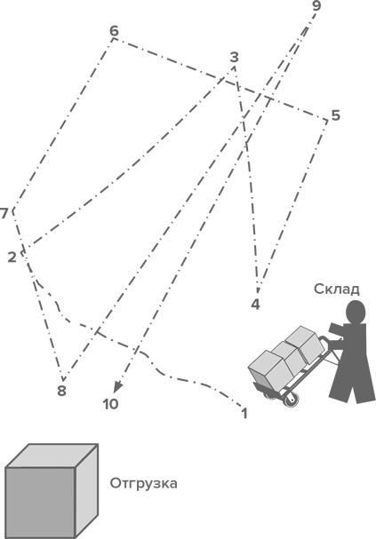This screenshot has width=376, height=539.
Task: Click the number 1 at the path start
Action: coord(244,414)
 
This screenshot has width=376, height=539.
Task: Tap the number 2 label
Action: coord(12,258)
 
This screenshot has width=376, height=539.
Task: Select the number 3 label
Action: coord(235,57)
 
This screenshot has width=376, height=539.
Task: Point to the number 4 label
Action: coord(256,305)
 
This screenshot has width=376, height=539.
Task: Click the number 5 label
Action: coord(336,115)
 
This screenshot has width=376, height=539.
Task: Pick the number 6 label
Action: coord(114,31)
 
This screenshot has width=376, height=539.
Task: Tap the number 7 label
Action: coord(4,213)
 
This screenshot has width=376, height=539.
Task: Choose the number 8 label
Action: coord(61,391)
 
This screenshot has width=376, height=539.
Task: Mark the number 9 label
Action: coord(316,6)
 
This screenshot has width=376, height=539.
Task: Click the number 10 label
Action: coord(110,404)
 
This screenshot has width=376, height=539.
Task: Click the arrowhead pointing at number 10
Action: coord(118,386)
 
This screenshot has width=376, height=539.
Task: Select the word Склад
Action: coord(336,289)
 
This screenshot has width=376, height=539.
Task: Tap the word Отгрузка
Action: coord(143,483)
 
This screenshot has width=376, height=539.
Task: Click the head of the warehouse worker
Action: coord(356,312)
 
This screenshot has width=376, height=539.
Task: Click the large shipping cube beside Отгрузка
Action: coord(52,491)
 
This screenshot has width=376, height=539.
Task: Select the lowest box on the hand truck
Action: coord(269,370)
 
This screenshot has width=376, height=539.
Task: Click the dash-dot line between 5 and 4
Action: coord(292,202)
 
